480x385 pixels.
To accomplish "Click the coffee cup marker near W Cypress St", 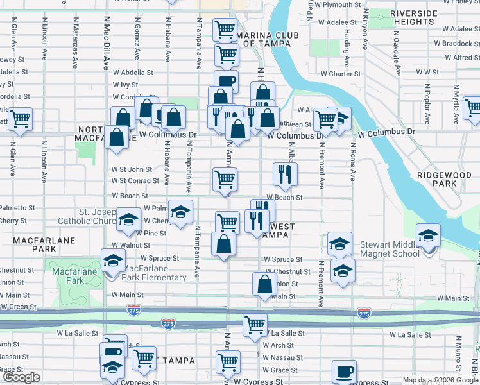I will pos(344,372).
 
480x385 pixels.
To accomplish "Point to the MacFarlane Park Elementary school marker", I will pos(113,262).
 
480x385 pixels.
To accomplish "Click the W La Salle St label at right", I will pos(411,335).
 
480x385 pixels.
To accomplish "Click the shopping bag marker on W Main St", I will pos(264,285).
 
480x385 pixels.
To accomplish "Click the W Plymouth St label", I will pos(339,4).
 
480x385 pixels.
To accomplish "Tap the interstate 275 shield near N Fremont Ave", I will pos(363,313).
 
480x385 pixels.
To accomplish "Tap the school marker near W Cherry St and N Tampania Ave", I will pos(181,212).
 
